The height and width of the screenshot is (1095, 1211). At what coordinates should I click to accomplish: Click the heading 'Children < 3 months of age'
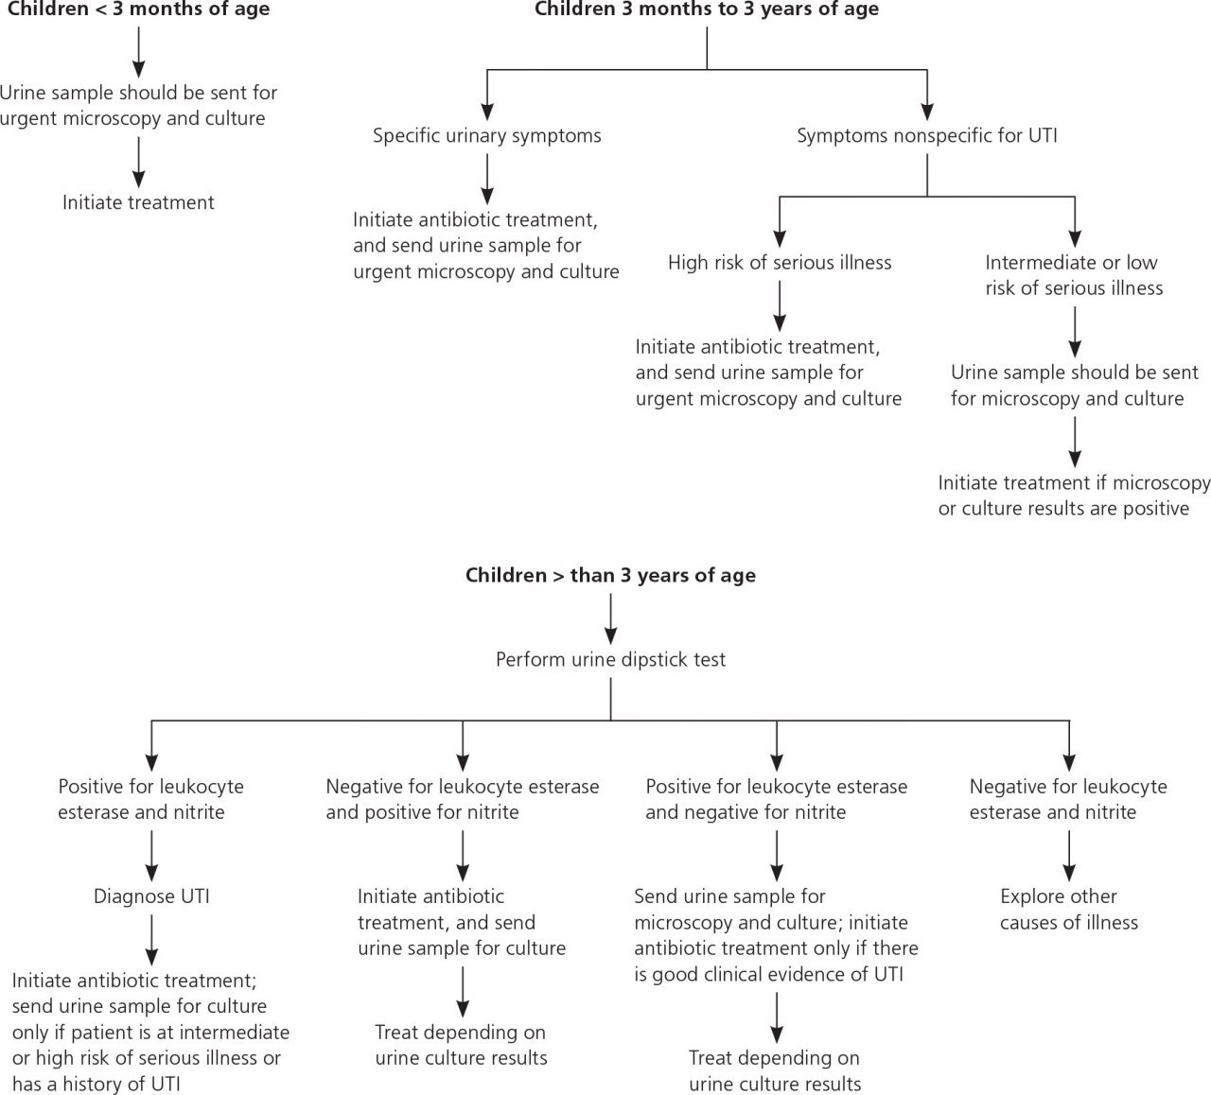coord(138,9)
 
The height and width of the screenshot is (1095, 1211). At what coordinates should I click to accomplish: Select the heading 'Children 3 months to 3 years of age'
coord(707,9)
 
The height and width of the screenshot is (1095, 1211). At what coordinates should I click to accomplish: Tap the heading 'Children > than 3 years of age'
coord(610,575)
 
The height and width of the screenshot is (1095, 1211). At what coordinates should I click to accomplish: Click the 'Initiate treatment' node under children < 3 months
coord(138,202)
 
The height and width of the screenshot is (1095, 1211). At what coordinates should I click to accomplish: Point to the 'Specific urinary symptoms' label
coord(486,136)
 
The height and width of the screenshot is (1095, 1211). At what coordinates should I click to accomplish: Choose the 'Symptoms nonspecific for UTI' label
coord(927,136)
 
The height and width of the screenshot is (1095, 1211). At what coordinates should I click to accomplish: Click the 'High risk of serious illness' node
coord(780,263)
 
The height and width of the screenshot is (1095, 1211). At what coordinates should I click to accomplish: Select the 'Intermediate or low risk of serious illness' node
coord(1074,275)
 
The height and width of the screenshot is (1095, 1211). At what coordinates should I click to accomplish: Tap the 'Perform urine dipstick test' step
coord(610,659)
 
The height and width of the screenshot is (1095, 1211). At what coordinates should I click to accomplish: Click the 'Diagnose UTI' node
coord(151,895)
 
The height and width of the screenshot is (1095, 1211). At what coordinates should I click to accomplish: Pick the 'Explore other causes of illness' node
coord(1068,909)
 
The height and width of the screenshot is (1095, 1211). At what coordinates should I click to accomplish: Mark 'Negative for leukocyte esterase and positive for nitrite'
coord(463,799)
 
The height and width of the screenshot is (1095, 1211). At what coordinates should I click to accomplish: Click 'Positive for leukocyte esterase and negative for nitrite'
coord(777,799)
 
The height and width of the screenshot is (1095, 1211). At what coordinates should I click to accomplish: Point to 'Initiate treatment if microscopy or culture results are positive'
coord(1074,495)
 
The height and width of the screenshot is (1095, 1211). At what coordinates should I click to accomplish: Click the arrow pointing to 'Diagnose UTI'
coord(151,856)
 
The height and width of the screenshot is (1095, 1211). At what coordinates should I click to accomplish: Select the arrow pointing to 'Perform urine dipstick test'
coord(610,619)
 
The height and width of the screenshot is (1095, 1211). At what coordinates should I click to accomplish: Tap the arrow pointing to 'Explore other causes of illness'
coord(1069,856)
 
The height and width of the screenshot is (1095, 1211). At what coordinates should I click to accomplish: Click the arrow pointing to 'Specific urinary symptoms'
coord(487,95)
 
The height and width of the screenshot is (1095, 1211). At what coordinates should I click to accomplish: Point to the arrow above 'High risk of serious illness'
coord(780,222)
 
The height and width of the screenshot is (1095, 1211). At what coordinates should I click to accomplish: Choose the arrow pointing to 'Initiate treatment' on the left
coord(139,163)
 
